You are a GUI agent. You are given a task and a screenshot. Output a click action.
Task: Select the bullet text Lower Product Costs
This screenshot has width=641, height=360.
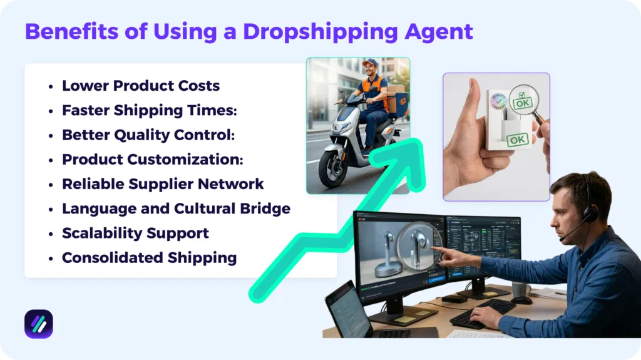pos(141,86)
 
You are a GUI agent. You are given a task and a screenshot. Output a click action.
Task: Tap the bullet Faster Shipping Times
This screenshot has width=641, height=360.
pos(149,110)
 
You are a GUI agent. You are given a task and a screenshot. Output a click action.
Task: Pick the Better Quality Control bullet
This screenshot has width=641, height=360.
pos(148,135)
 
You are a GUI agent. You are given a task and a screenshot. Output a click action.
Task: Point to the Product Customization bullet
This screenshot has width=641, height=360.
pos(152,159)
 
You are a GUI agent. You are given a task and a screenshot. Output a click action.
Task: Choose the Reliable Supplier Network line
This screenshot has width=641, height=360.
pos(163,183)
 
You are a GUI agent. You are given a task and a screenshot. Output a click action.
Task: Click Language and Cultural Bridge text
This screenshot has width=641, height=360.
pos(176,208)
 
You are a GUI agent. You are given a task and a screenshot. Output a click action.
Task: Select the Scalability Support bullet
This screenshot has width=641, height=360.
pos(135,233)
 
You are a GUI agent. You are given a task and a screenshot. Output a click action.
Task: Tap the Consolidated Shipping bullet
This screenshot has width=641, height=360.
pos(149,257)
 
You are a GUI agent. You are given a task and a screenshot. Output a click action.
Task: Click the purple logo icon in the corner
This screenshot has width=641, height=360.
pos(39,324)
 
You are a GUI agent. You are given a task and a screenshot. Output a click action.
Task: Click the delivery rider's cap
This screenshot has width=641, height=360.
pos(370,63)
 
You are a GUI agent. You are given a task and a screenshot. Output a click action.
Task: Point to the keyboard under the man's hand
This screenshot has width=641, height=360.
pos(482,313)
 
